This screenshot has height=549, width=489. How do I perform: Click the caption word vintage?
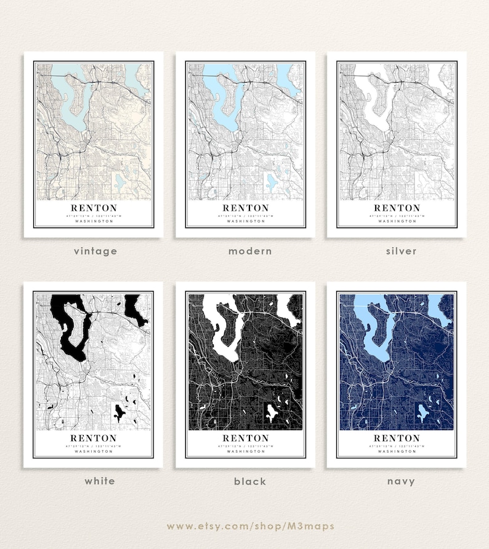click(95, 251)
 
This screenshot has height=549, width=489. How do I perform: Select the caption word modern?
click(250, 251)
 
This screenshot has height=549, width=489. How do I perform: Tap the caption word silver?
click(402, 251)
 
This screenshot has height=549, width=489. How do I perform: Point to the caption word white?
click(100, 481)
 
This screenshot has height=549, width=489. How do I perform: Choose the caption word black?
click(250, 481)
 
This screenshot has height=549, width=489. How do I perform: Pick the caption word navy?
click(402, 481)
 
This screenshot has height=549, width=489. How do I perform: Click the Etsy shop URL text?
click(250, 526)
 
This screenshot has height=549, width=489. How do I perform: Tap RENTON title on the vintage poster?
click(94, 208)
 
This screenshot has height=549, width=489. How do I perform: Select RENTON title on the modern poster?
click(246, 208)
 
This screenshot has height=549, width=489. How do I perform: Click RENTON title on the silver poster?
click(397, 208)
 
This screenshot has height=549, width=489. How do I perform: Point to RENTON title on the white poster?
click(94, 438)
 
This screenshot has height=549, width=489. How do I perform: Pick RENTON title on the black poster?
click(246, 438)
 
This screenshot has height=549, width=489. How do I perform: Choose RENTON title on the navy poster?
click(397, 438)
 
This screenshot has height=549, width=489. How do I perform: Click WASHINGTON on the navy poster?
click(397, 452)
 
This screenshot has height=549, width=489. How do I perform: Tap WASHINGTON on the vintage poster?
click(94, 221)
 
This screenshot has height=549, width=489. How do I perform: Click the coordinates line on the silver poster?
click(397, 216)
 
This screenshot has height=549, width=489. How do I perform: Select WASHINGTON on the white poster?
click(94, 452)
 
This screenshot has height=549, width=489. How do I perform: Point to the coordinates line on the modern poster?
click(246, 216)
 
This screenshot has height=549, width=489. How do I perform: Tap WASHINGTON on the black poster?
click(246, 452)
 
